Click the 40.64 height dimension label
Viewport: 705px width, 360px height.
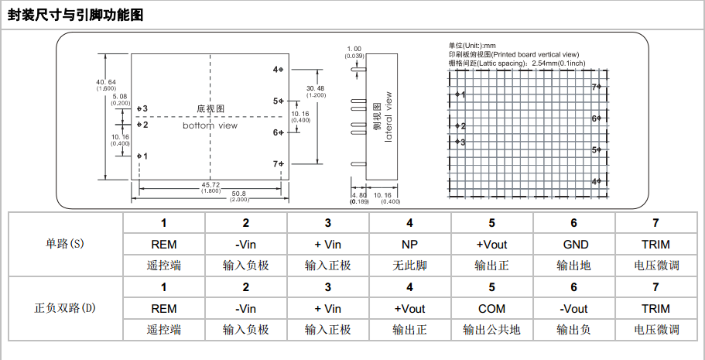click(x=106, y=83)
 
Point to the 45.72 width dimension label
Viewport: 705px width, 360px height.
click(x=210, y=185)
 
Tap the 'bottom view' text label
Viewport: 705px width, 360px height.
click(x=210, y=125)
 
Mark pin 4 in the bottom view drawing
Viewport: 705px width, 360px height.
click(x=279, y=70)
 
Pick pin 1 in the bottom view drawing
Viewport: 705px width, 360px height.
click(x=140, y=156)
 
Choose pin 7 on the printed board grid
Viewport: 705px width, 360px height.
click(x=596, y=87)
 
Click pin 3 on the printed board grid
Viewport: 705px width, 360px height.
click(x=460, y=142)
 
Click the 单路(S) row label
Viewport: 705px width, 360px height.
click(x=65, y=244)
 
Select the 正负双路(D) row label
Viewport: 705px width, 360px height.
click(x=65, y=308)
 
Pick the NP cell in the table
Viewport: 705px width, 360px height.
click(x=409, y=245)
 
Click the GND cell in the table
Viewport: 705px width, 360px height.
click(x=573, y=245)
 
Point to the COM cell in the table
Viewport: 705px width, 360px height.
click(x=491, y=309)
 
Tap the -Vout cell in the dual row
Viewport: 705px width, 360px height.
click(x=573, y=309)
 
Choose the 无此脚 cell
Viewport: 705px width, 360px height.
click(x=409, y=266)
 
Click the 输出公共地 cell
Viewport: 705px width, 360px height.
click(x=491, y=330)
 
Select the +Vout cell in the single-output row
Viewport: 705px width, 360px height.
click(x=491, y=245)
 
